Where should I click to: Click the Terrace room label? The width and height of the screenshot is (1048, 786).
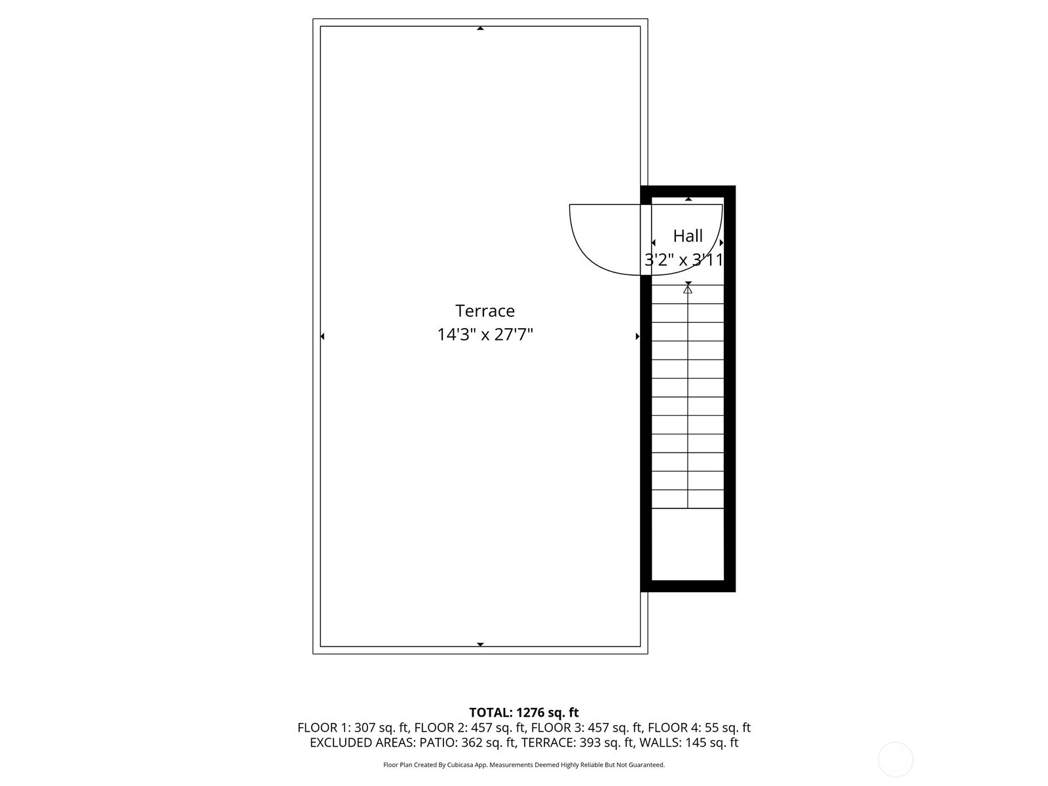pyautogui.click(x=485, y=310)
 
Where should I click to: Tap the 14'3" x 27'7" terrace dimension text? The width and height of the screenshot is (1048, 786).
pyautogui.click(x=485, y=335)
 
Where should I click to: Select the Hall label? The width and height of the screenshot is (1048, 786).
pyautogui.click(x=688, y=236)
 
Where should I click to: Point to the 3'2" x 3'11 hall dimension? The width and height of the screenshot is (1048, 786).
pyautogui.click(x=684, y=260)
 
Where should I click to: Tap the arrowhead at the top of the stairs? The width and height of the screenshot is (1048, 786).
pyautogui.click(x=688, y=289)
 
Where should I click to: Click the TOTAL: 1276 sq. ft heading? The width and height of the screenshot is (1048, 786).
pyautogui.click(x=524, y=712)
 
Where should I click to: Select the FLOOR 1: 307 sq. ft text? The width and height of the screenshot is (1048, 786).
pyautogui.click(x=353, y=728)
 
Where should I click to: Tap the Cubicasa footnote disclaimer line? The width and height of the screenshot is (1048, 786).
pyautogui.click(x=524, y=764)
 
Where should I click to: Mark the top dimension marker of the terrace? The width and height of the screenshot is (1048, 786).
pyautogui.click(x=480, y=29)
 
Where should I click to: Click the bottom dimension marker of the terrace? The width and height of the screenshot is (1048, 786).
pyautogui.click(x=480, y=645)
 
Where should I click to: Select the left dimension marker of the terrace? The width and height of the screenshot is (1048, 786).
pyautogui.click(x=322, y=337)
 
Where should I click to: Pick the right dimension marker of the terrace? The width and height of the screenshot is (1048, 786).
pyautogui.click(x=637, y=337)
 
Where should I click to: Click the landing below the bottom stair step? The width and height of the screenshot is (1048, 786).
pyautogui.click(x=688, y=544)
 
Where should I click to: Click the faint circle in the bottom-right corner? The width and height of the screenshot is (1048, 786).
pyautogui.click(x=895, y=760)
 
